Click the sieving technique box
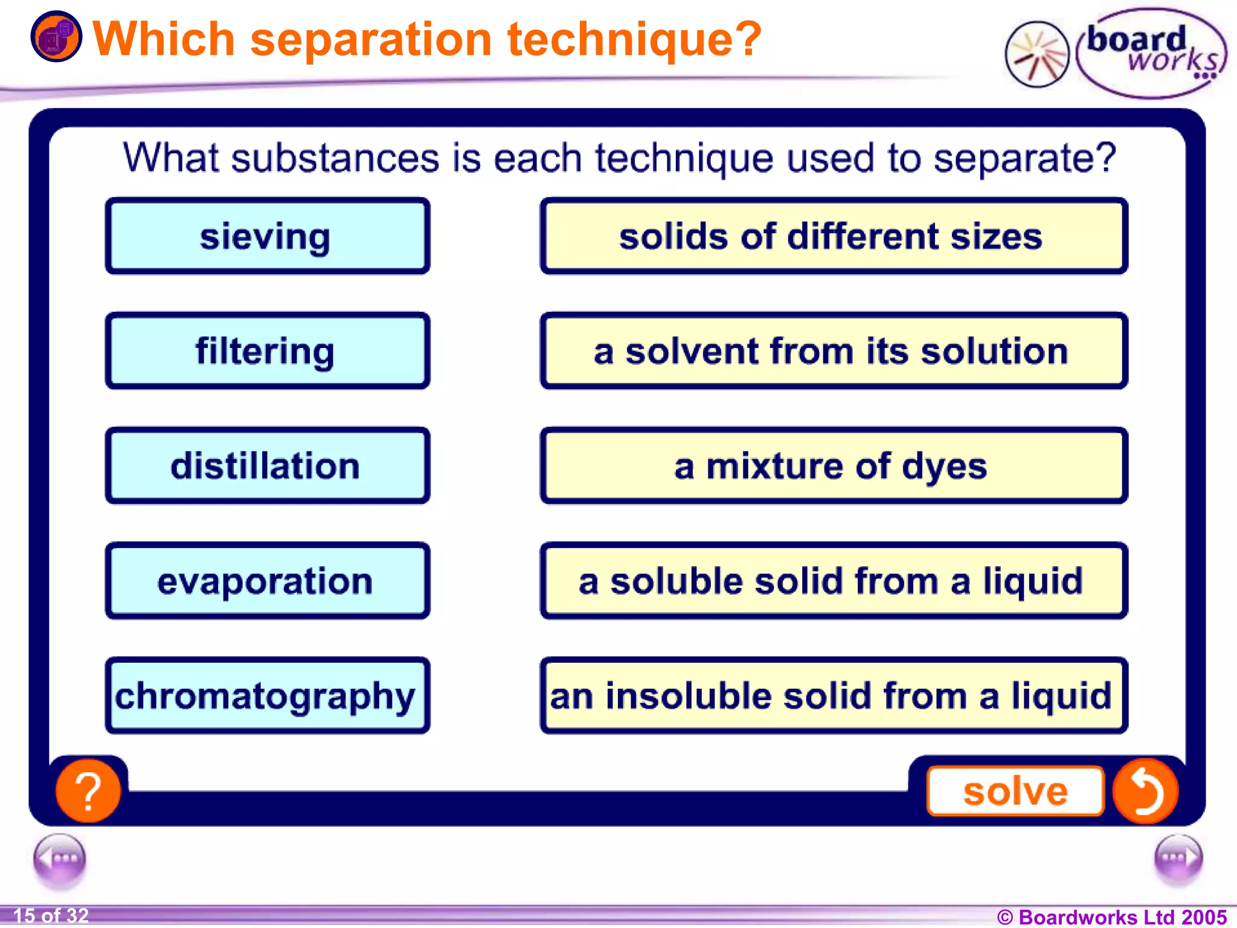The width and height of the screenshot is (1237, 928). [x=267, y=236]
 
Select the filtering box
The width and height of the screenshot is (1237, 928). [x=267, y=351]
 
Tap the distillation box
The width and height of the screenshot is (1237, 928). [x=267, y=466]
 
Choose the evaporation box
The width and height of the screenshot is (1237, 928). [x=267, y=581]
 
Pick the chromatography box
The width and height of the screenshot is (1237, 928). [x=267, y=695]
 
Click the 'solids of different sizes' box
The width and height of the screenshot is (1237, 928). [x=834, y=236]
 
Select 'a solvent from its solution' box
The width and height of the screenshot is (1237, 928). [x=834, y=351]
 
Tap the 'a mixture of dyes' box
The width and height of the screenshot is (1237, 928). [x=834, y=466]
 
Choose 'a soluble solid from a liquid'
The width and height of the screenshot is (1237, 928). [x=834, y=581]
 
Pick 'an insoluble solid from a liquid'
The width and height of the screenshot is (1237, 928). [x=834, y=695]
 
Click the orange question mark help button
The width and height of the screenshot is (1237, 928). [x=88, y=790]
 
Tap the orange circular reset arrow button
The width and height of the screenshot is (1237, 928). [x=1145, y=790]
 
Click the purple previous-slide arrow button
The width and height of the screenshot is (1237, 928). [x=60, y=859]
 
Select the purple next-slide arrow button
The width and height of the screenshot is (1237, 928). [x=1178, y=859]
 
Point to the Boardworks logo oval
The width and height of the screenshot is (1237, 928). [x=1151, y=53]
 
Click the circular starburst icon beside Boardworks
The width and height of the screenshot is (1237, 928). [x=1037, y=55]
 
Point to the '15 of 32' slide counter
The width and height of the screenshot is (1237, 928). [x=51, y=916]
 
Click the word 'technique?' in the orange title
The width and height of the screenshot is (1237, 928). [x=634, y=40]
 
